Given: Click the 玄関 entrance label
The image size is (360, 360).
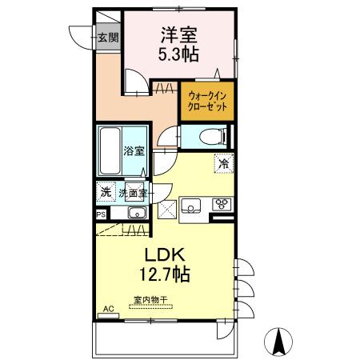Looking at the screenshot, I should [108, 37].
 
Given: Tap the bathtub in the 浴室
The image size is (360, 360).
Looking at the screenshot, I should [110, 151].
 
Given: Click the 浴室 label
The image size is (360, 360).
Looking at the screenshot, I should [133, 150].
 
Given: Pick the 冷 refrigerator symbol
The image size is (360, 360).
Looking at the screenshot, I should [223, 162].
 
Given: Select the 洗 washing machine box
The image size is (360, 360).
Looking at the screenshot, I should [105, 192].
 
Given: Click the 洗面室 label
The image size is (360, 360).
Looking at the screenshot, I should [133, 193].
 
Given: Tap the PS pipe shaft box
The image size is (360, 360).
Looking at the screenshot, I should [101, 214].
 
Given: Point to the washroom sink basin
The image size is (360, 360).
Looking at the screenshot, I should [136, 213].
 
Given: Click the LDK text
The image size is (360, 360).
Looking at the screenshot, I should [165, 254].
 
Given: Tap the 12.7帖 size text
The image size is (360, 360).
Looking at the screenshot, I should [165, 275].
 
